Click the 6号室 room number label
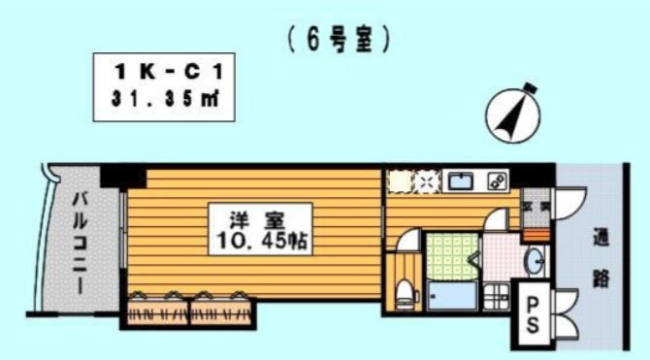[x=339, y=41]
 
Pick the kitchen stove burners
[x=497, y=180]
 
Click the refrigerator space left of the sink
[x=401, y=181]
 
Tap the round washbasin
[x=533, y=260]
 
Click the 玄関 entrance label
[x=536, y=206]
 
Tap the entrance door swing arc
[x=572, y=199]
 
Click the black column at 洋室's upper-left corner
[x=123, y=177]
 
